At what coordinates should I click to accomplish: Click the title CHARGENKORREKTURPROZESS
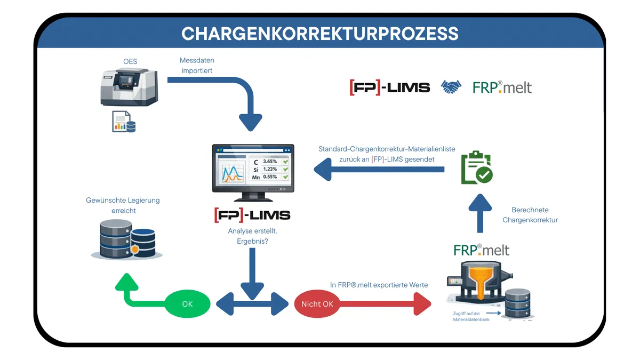(319, 34)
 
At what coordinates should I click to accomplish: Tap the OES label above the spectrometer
(130, 61)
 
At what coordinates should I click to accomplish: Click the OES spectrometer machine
(129, 86)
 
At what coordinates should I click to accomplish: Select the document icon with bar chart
(124, 122)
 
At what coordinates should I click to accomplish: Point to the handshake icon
(451, 87)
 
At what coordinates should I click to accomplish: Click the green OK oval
(187, 303)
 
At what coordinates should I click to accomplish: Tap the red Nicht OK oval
(317, 303)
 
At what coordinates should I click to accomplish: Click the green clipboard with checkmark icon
(477, 167)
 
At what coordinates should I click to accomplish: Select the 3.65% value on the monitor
(270, 162)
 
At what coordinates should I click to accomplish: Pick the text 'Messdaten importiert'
(197, 66)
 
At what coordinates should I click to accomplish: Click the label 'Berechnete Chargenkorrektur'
(530, 215)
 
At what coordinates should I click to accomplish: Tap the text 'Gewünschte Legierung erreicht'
(123, 205)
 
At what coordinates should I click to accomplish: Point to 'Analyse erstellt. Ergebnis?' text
(253, 236)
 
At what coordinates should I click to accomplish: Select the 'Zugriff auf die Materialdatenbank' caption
(471, 317)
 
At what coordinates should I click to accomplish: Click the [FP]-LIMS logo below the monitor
(252, 215)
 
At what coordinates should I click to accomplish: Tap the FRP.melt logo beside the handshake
(502, 87)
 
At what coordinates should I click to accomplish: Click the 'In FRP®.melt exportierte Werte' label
(379, 285)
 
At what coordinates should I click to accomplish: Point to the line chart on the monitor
(233, 173)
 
